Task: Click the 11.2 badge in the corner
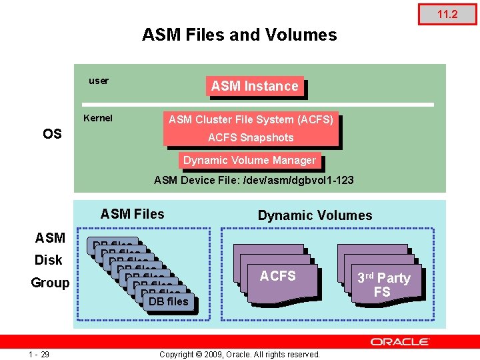pyautogui.click(x=447, y=14)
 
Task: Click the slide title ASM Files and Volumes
pyautogui.click(x=239, y=35)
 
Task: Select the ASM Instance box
pyautogui.click(x=255, y=86)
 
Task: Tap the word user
pyautogui.click(x=99, y=81)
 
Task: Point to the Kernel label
pyautogui.click(x=98, y=118)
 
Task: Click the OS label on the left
pyautogui.click(x=52, y=134)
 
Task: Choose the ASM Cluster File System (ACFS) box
pyautogui.click(x=251, y=120)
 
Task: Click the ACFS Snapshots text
pyautogui.click(x=251, y=137)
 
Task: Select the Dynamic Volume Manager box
pyautogui.click(x=249, y=160)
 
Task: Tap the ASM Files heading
pyautogui.click(x=132, y=214)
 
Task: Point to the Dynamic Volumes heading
pyautogui.click(x=315, y=215)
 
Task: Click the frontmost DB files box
pyautogui.click(x=169, y=301)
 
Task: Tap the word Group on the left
pyautogui.click(x=50, y=283)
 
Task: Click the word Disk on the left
pyautogui.click(x=48, y=260)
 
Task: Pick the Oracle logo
pyautogui.click(x=400, y=341)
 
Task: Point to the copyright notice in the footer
pyautogui.click(x=239, y=354)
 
